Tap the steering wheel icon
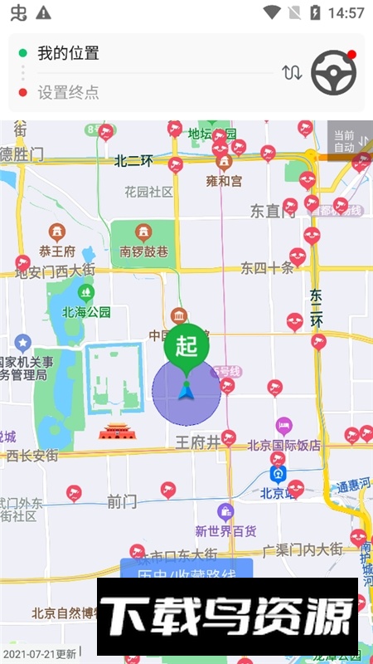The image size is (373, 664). tap(333, 73)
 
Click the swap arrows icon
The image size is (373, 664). tap(292, 73)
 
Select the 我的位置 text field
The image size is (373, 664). tap(68, 53)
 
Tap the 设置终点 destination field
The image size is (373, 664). tap(68, 92)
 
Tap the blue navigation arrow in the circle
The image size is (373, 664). tap(186, 390)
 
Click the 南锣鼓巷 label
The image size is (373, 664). tap(144, 251)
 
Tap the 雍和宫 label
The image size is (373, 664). tap(224, 180)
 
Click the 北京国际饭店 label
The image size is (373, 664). tap(283, 445)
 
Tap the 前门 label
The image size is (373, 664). tap(122, 501)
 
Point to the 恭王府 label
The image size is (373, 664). tap(57, 251)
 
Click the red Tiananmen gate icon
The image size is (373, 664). tap(115, 431)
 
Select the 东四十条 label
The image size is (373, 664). tap(267, 267)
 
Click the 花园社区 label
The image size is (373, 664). tap(149, 192)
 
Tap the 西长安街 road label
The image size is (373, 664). tap(32, 456)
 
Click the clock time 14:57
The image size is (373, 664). tap(346, 12)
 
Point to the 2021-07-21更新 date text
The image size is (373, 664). tap(39, 654)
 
